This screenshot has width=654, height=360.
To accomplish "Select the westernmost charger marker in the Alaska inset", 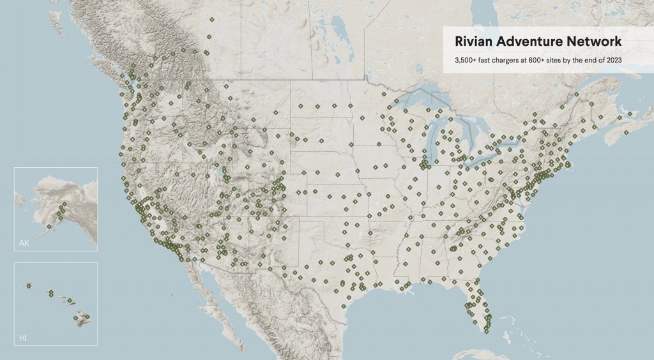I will point(49,226).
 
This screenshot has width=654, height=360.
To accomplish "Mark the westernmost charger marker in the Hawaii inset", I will point(29,285).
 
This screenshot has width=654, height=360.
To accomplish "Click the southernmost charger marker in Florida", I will point(487,330).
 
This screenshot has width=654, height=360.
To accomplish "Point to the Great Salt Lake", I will point(220,173).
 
